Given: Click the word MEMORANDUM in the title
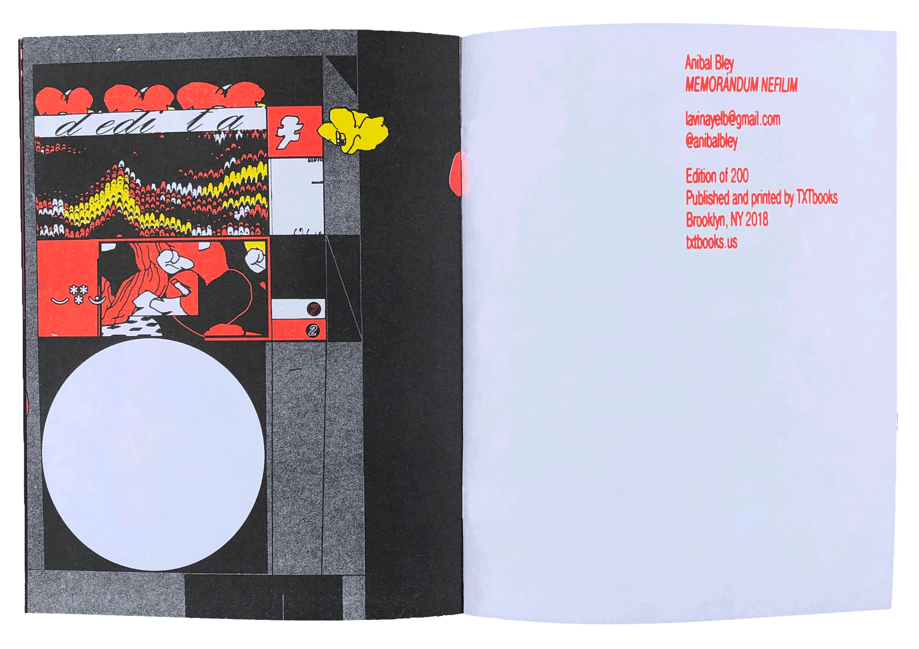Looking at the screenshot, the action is [x=721, y=85].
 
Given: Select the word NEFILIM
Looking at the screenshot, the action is [x=779, y=85].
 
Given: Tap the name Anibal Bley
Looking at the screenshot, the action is [x=709, y=63].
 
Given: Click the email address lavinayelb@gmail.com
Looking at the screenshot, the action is [x=732, y=119].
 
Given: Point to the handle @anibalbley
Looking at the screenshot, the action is [x=711, y=141].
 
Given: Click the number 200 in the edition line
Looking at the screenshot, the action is [x=739, y=176].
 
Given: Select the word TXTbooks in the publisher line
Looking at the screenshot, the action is [x=817, y=197].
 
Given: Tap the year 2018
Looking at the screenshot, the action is [x=757, y=220].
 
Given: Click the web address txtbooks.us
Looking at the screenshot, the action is [x=711, y=242].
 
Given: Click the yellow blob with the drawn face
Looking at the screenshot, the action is [x=353, y=130].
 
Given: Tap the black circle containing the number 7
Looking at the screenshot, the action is [x=314, y=309].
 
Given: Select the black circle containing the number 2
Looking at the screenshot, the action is [x=313, y=331].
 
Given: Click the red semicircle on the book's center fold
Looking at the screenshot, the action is [x=457, y=174].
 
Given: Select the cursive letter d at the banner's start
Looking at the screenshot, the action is [x=68, y=126].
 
